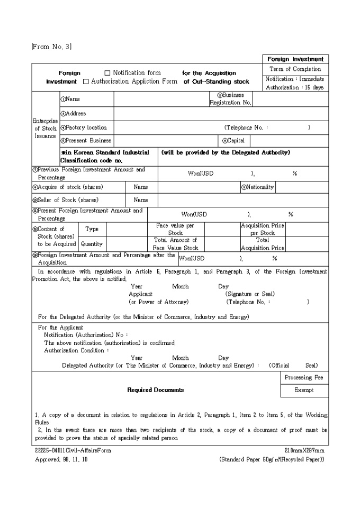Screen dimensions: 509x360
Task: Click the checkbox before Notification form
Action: tap(107, 73)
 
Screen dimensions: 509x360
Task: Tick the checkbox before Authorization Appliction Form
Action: tap(86, 82)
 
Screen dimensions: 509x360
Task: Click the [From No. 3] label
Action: tap(51, 47)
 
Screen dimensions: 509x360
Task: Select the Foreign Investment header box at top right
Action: tap(295, 59)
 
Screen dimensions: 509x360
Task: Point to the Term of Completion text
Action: tap(295, 69)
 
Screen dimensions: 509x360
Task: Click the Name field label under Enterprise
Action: tap(70, 99)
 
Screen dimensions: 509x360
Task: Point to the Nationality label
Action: tap(258, 187)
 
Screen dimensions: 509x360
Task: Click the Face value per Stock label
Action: tap(175, 229)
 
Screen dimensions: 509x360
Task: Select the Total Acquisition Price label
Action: tap(263, 244)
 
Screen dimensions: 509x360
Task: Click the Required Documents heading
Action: tap(155, 390)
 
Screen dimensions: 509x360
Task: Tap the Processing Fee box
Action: tap(304, 377)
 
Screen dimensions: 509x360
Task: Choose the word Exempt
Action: tap(304, 390)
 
